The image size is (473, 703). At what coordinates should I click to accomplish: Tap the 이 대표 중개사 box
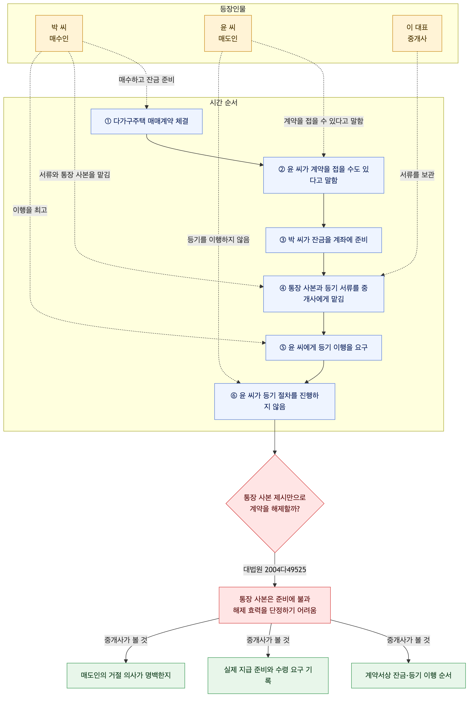point(417,33)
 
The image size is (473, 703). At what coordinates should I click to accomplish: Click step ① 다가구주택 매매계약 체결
point(147,121)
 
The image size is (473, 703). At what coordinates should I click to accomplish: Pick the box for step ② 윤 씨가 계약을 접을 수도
point(324,175)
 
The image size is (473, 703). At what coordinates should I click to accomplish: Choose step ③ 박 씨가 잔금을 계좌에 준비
point(324,240)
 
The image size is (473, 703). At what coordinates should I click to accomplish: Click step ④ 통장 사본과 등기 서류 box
point(324,294)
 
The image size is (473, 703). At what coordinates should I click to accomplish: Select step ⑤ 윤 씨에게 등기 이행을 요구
point(324,348)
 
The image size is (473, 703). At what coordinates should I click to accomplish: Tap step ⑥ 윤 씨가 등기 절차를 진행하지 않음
point(275,401)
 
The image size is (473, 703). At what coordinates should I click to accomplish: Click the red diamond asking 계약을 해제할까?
point(275,503)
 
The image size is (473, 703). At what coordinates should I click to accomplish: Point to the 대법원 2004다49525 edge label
point(275,570)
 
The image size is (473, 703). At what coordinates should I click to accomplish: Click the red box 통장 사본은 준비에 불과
point(275,605)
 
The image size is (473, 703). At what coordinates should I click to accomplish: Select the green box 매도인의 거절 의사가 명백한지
point(126,675)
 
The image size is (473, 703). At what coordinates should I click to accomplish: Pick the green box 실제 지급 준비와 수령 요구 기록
point(268,675)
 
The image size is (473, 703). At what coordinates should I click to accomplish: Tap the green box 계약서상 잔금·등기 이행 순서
point(408,675)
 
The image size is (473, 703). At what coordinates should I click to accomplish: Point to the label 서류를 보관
point(417,175)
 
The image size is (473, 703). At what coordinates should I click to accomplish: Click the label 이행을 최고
point(30,210)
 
